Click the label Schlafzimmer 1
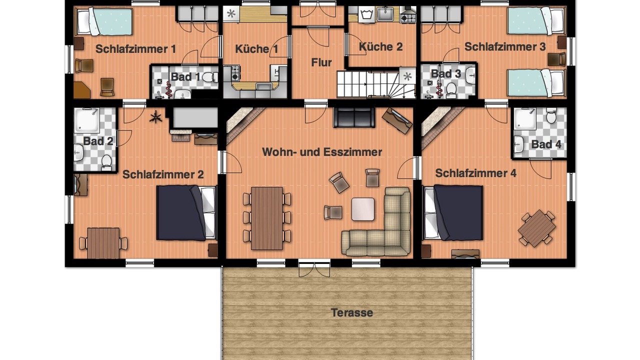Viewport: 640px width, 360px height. (x=135, y=49)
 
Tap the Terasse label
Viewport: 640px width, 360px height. (x=351, y=312)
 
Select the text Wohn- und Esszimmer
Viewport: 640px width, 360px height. (x=322, y=152)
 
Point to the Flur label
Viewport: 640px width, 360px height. (x=321, y=62)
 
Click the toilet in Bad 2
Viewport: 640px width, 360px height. (x=106, y=163)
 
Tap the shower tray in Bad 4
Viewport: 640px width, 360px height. (x=525, y=119)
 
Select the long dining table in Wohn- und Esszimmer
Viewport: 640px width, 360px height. (x=267, y=218)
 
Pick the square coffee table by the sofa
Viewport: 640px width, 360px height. (x=363, y=209)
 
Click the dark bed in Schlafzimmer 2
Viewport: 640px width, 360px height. (x=186, y=212)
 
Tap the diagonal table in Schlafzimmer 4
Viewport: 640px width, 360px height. (x=537, y=228)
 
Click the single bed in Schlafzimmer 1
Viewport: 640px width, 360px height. (x=104, y=21)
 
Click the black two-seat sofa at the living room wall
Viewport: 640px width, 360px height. (x=354, y=117)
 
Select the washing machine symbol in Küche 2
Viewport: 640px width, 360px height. (x=366, y=14)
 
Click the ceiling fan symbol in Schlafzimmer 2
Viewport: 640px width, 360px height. (x=156, y=117)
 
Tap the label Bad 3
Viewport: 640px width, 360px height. (x=445, y=74)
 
